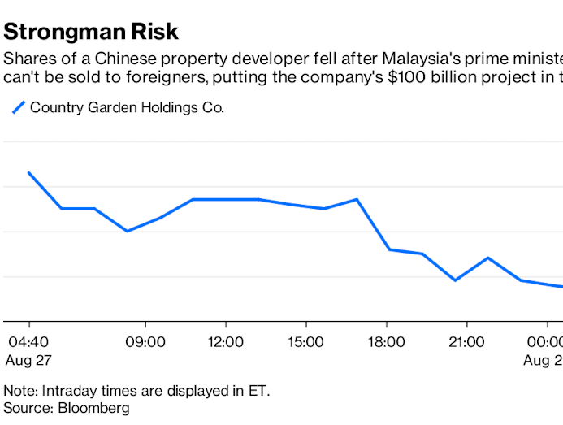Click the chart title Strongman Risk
coord(91,32)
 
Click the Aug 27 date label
coord(27,359)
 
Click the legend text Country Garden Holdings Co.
coord(127,107)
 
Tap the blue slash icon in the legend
coord(17,107)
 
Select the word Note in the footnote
coord(20,391)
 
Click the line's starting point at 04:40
coord(29,172)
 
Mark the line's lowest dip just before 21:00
coord(455,280)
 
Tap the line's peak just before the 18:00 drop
coord(357,199)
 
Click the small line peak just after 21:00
coord(487,258)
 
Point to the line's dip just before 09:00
coord(128,232)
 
